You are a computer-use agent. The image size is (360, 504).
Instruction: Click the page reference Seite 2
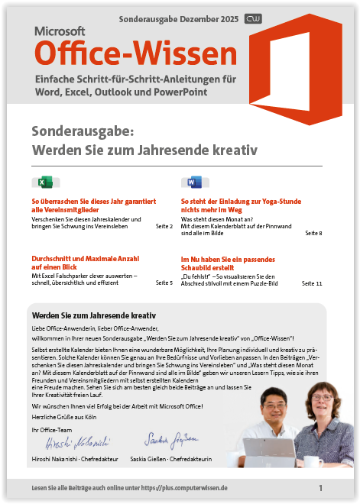[x=164, y=227]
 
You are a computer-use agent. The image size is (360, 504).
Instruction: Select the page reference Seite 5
[x=164, y=283]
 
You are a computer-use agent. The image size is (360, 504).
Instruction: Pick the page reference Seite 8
[x=313, y=233]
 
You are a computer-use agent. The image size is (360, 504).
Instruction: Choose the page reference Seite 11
[x=312, y=283]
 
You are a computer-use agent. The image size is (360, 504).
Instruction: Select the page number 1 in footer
[x=320, y=487]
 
